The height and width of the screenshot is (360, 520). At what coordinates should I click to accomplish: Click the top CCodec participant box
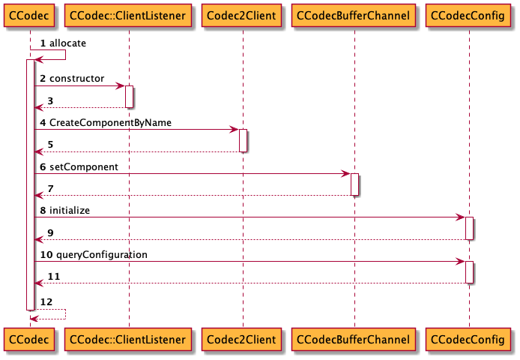tap(29, 16)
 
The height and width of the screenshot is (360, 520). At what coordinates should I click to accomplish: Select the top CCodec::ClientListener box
tap(127, 16)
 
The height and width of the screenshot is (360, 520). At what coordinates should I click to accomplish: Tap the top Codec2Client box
tap(243, 16)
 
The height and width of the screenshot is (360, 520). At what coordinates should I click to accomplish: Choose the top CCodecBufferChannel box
tap(354, 16)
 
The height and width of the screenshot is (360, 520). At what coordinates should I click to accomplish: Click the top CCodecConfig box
tap(469, 16)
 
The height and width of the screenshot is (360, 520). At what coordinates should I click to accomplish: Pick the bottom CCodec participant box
tap(29, 340)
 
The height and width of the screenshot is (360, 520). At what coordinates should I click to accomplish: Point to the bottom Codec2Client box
tap(243, 340)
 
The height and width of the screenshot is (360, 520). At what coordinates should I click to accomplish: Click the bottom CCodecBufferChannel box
tap(354, 340)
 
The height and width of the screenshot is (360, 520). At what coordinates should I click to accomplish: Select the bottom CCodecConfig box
tap(469, 340)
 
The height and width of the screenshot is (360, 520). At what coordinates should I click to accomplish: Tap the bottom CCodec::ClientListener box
tap(127, 340)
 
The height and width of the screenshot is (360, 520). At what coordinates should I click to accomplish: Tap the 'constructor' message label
tap(76, 79)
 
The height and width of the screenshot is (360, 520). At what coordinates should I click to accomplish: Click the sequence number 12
tap(46, 301)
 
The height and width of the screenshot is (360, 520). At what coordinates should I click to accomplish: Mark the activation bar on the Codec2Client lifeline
tap(244, 140)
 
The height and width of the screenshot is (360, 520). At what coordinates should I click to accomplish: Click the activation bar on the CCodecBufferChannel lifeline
tap(354, 184)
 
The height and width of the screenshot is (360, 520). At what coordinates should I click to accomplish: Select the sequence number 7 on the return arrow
tap(50, 188)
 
